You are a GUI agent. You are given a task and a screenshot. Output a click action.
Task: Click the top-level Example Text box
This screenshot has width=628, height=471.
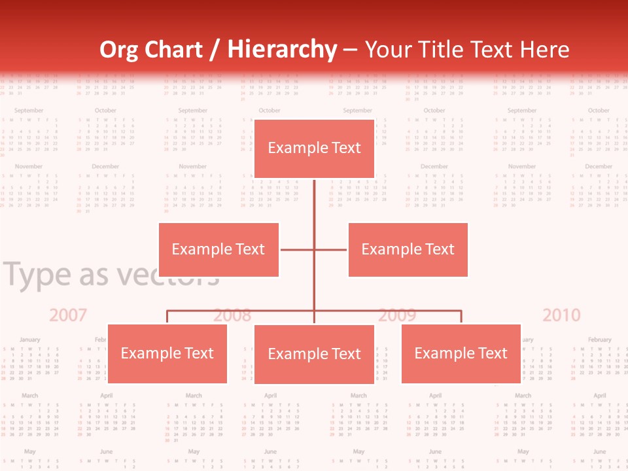pos(314,148)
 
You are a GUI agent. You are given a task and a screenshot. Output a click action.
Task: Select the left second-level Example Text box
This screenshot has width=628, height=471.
pos(218,249)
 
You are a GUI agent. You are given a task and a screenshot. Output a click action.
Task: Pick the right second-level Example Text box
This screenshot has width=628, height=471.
pos(408,249)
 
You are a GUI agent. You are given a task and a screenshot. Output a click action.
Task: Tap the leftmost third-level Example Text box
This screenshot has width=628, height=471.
pos(167,353)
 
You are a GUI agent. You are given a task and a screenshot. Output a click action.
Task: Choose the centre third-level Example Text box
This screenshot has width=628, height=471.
pos(314,354)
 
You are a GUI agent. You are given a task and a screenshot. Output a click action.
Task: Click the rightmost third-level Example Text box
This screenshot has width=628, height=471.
pos(461,353)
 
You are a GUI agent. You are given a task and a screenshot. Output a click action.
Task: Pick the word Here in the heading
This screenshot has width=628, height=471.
pos(544,50)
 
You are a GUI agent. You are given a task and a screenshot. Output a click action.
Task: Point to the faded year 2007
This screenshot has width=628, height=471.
pos(68,315)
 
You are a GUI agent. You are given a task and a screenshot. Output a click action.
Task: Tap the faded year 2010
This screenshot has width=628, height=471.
pos(561,315)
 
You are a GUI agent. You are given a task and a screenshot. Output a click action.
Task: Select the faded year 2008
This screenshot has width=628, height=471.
pos(232,315)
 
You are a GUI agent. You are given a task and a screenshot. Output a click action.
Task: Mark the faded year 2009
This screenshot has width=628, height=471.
pos(397,315)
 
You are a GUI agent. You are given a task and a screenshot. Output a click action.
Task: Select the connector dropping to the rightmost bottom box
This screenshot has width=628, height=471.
pos(461,317)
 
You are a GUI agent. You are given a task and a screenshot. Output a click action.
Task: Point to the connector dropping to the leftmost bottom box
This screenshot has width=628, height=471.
pos(167,317)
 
